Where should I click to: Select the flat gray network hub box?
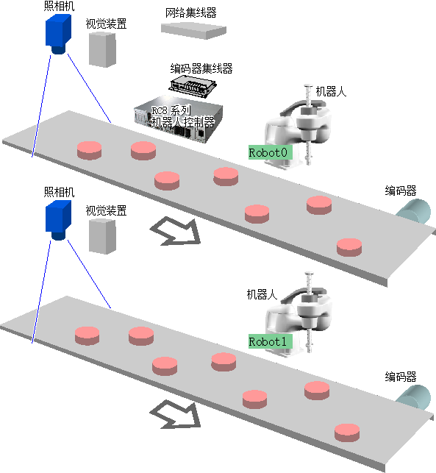pyautogui.click(x=193, y=31)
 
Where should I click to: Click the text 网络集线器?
pyautogui.click(x=191, y=13)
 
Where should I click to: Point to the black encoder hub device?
pyautogui.click(x=193, y=86)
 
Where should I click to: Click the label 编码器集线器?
pyautogui.click(x=201, y=68)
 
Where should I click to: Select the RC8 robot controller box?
pyautogui.click(x=179, y=119)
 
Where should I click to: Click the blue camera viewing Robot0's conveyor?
pyautogui.click(x=59, y=35)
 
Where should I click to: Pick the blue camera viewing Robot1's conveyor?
pyautogui.click(x=59, y=221)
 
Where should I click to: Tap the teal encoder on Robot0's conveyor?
pyautogui.click(x=414, y=211)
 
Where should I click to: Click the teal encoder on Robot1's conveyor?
pyautogui.click(x=414, y=397)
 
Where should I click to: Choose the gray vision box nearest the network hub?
pyautogui.click(x=102, y=49)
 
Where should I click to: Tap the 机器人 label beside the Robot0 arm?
pyautogui.click(x=331, y=91)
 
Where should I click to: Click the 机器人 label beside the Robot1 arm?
pyautogui.click(x=262, y=294)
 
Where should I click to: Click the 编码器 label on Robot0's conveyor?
pyautogui.click(x=401, y=191)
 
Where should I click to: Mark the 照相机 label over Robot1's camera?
pyautogui.click(x=59, y=192)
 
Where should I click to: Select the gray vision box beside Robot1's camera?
pyautogui.click(x=102, y=236)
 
